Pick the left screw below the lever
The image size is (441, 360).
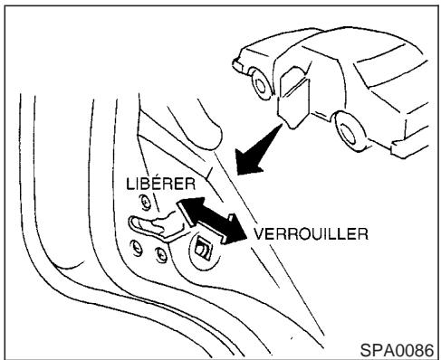(x=139, y=248)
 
